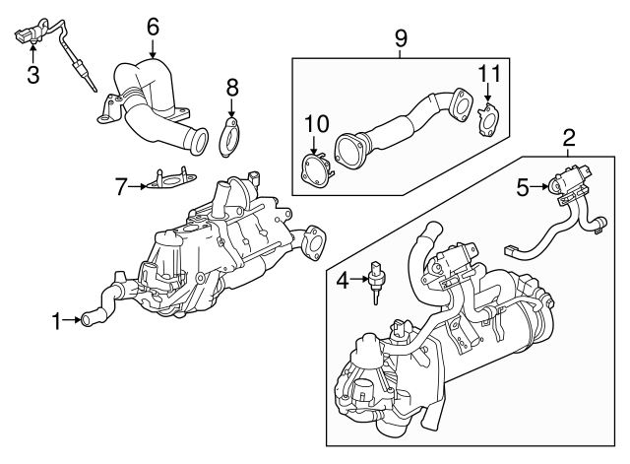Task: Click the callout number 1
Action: (x=57, y=319)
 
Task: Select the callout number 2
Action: (x=569, y=137)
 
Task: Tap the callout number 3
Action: (x=32, y=74)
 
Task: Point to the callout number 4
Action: (x=342, y=281)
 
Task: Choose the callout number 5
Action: (x=524, y=183)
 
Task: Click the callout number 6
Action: (x=153, y=27)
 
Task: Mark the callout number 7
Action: (x=121, y=184)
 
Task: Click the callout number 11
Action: (x=490, y=74)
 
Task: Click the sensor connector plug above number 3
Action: (x=29, y=37)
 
